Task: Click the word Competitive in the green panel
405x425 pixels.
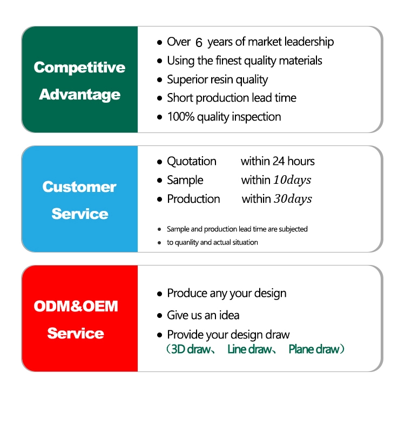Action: click(x=79, y=68)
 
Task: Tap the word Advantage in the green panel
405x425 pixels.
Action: click(x=79, y=95)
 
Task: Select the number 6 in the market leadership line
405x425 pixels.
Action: click(x=199, y=42)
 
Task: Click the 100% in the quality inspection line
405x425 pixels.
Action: click(x=181, y=117)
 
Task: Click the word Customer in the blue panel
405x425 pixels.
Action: click(x=79, y=187)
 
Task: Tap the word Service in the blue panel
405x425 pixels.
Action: click(x=80, y=214)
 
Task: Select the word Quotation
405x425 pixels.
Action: click(x=192, y=161)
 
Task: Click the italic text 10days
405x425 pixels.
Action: click(x=292, y=180)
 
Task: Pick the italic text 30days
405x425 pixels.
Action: click(x=293, y=199)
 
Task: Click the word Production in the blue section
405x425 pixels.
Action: click(x=193, y=199)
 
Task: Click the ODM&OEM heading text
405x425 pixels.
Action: click(x=76, y=306)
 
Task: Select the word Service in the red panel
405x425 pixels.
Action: click(x=76, y=334)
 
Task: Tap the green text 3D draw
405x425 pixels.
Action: click(x=191, y=349)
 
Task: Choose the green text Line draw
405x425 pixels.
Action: click(x=249, y=349)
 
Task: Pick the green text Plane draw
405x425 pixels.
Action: click(x=314, y=349)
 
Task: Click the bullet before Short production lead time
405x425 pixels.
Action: click(x=159, y=98)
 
